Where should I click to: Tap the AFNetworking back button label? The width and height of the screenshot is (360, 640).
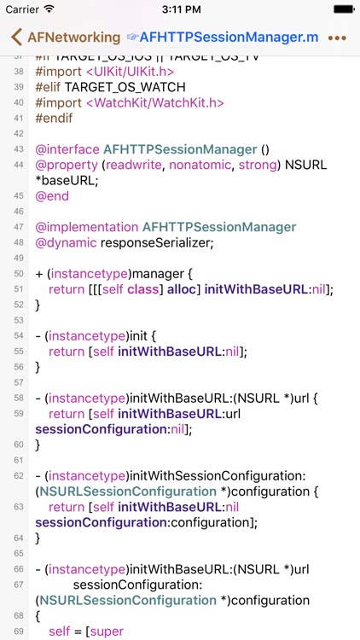pyautogui.click(x=73, y=38)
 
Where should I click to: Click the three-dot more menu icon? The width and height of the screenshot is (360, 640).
pyautogui.click(x=337, y=38)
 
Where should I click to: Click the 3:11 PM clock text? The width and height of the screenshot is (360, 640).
pyautogui.click(x=180, y=9)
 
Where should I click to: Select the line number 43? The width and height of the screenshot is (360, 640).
pyautogui.click(x=19, y=149)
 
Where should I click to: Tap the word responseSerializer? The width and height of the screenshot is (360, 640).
pyautogui.click(x=157, y=242)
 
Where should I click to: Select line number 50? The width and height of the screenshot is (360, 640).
pyautogui.click(x=19, y=274)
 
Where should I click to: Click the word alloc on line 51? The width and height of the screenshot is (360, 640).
pyautogui.click(x=177, y=289)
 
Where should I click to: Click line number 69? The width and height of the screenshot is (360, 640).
pyautogui.click(x=19, y=631)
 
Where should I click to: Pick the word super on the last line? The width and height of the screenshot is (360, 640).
pyautogui.click(x=106, y=631)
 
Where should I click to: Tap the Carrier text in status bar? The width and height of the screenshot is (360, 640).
pyautogui.click(x=23, y=9)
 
